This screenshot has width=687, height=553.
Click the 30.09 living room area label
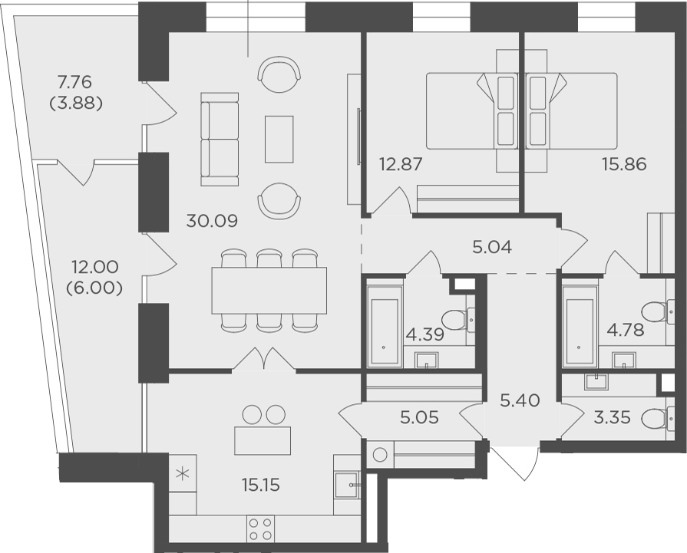[x=212, y=221]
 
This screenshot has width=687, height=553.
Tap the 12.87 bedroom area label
[x=401, y=165]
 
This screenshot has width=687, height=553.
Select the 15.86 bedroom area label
[x=624, y=165]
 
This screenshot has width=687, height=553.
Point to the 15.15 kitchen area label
[x=261, y=485]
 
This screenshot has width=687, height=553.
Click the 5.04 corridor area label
[x=493, y=248]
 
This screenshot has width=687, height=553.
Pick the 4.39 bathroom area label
[x=425, y=335]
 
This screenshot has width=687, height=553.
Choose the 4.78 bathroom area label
[x=626, y=330]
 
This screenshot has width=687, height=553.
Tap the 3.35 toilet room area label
[x=612, y=418]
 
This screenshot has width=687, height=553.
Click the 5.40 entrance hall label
[x=520, y=400]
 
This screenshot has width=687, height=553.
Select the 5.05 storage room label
[x=420, y=418]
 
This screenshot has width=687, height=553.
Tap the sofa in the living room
[x=220, y=140]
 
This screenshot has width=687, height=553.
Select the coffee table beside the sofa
[x=279, y=139]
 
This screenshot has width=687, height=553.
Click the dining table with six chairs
[x=269, y=291]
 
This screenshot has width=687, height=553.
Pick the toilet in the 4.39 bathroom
[x=457, y=317]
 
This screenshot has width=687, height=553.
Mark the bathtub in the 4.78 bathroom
[x=580, y=326]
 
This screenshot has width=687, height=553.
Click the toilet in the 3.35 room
[x=657, y=419]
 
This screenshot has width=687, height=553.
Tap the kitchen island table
[x=263, y=440]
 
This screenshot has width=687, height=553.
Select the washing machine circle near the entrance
[x=380, y=455]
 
